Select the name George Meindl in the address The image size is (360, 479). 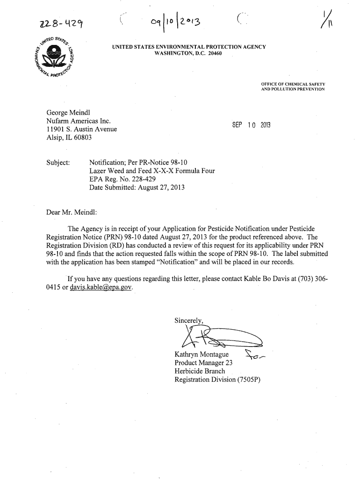(x=68, y=113)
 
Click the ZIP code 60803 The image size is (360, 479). (x=81, y=138)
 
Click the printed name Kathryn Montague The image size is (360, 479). (x=201, y=355)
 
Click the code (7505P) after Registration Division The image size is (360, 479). (x=248, y=379)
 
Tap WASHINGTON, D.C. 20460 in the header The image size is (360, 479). (x=188, y=53)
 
